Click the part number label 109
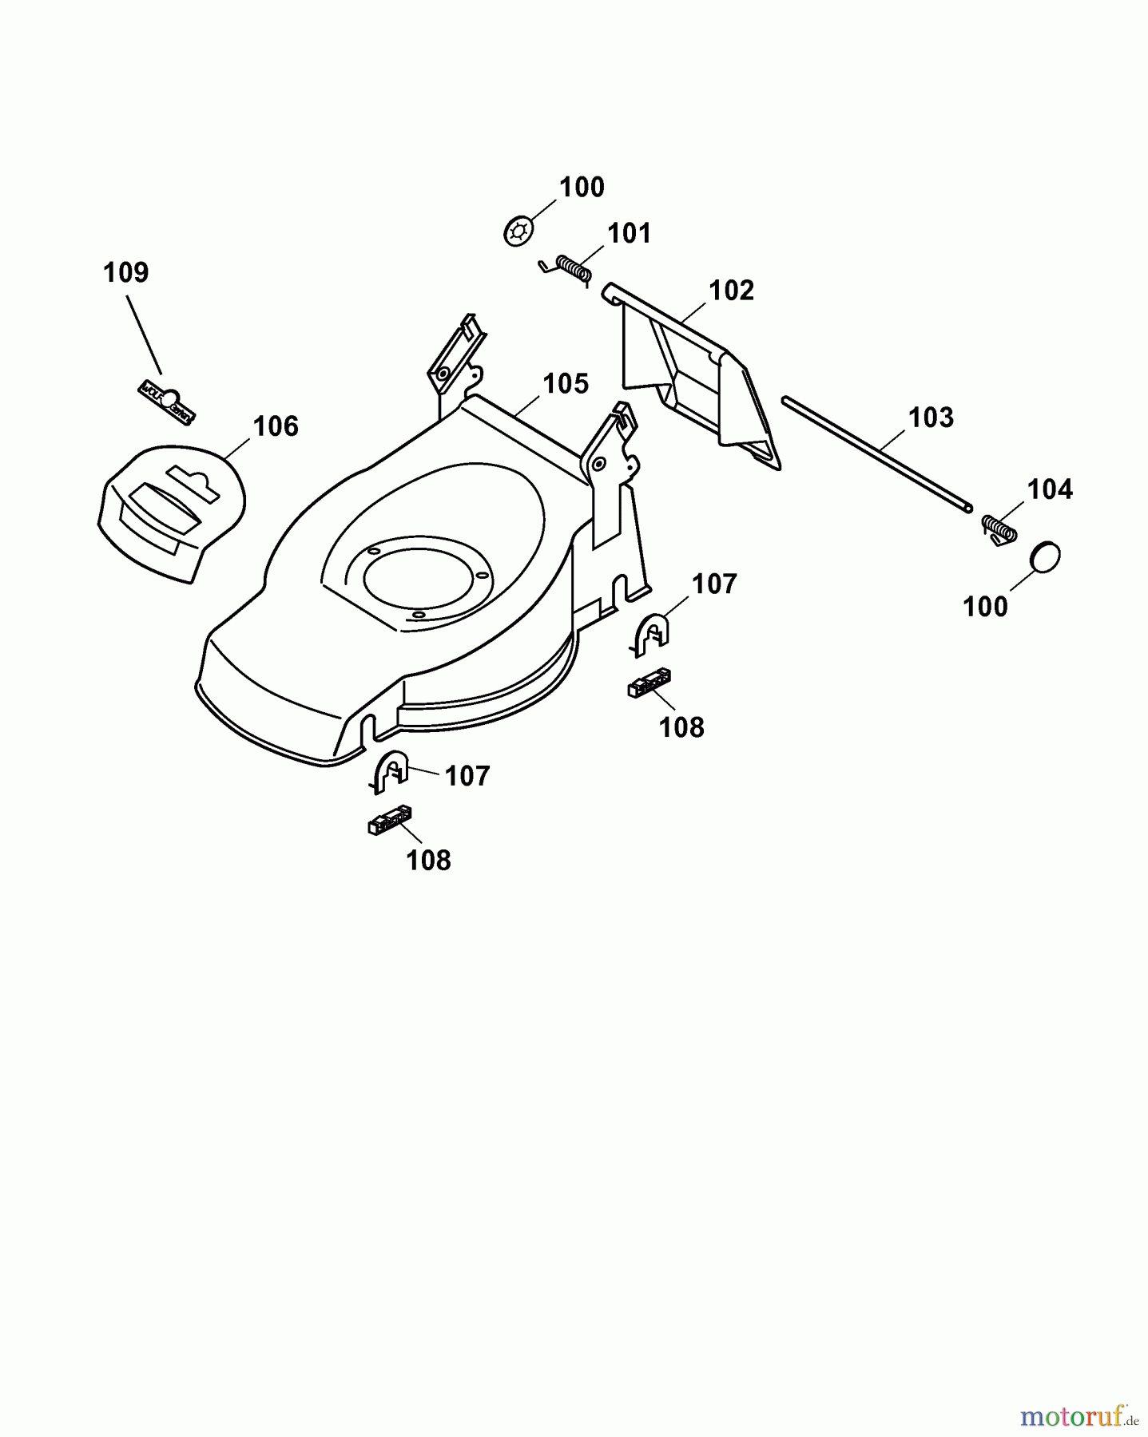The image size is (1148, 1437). point(125,273)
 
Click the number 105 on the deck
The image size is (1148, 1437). point(566,384)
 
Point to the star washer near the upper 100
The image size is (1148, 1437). point(518,232)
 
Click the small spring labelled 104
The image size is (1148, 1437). point(998,529)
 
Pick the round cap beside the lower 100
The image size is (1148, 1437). point(1044,557)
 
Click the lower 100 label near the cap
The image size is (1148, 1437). point(985,608)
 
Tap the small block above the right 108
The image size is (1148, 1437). point(649,683)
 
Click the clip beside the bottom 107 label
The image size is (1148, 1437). point(391,771)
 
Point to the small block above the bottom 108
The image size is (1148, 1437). point(390,818)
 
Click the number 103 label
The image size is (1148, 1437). point(931,418)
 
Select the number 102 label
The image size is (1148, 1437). point(731,291)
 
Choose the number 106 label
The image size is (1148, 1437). point(276,426)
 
